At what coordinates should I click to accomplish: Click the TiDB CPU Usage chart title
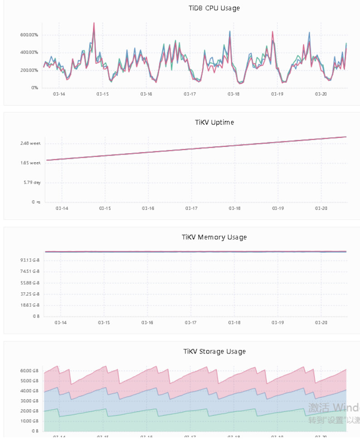tap(214, 8)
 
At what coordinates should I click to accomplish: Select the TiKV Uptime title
tap(214, 122)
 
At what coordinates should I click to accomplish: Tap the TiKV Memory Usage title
tap(214, 237)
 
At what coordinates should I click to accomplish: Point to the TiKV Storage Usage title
tap(214, 351)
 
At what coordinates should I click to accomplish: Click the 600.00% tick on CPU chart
tap(28, 35)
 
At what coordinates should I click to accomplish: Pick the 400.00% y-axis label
tap(28, 53)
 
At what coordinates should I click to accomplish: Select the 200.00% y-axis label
tap(28, 70)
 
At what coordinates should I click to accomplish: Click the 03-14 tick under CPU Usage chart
tap(59, 94)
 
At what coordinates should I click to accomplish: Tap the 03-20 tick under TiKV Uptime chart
tap(321, 208)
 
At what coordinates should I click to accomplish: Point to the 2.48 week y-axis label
tap(30, 143)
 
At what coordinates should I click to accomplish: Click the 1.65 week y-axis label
tap(30, 163)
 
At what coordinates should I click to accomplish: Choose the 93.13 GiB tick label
tap(30, 260)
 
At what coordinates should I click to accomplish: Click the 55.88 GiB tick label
tap(30, 283)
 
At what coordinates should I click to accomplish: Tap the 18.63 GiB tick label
tap(30, 305)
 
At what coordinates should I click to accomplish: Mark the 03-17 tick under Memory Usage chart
tap(191, 323)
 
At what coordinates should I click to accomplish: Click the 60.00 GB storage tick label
tap(29, 371)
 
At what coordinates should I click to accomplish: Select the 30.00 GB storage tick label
tap(29, 401)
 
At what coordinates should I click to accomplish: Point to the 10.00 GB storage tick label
tap(29, 421)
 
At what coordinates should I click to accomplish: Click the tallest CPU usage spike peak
tap(94, 23)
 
